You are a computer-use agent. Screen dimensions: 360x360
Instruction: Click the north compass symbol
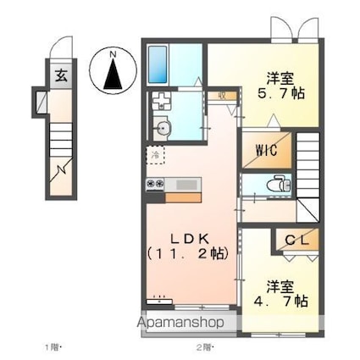pos(114,71)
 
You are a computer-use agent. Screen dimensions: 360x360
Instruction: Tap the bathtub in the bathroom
pos(159,61)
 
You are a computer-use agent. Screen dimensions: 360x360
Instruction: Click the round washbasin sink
pos(163,129)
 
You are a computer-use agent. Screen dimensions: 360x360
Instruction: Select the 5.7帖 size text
pos(275,91)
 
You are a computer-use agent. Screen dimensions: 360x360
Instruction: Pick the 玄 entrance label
pos(62,75)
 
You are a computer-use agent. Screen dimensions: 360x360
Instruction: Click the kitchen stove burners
pos(157,184)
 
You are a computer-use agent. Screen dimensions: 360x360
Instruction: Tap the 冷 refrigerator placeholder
pos(154,154)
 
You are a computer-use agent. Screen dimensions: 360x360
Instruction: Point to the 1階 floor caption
pos(53,348)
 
